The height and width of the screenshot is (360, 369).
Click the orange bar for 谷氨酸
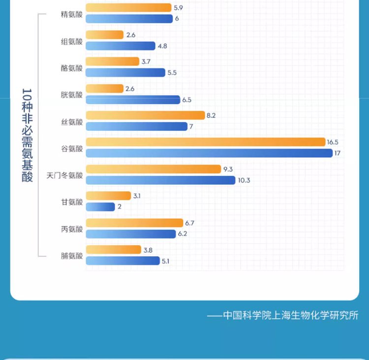pos(206,142)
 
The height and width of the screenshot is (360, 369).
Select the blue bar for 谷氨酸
pos(209,153)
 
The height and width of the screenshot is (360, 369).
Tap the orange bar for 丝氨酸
pos(145,115)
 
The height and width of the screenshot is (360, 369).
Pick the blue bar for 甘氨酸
pos(100,207)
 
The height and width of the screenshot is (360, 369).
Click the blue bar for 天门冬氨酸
pos(160,180)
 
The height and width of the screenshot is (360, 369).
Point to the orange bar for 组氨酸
pos(105,35)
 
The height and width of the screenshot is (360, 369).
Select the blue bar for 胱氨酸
pos(133,100)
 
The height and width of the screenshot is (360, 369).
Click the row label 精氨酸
pos(72,14)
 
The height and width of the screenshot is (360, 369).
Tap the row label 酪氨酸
pos(72,67)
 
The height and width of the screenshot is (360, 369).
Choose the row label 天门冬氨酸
pos(64,175)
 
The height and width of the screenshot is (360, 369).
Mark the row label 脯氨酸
pos(72,255)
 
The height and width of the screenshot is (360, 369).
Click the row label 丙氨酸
pos(72,229)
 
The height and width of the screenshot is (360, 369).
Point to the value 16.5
pos(333,142)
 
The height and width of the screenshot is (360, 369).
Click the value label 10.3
pos(244,180)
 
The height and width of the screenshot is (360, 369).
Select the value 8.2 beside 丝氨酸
pos(211,115)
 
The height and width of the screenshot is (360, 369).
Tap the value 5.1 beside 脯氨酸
pos(165,261)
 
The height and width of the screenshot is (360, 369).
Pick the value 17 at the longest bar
pos(338,153)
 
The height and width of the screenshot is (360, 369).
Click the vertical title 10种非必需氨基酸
pos(28,135)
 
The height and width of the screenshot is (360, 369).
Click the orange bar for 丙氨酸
pos(134,223)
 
